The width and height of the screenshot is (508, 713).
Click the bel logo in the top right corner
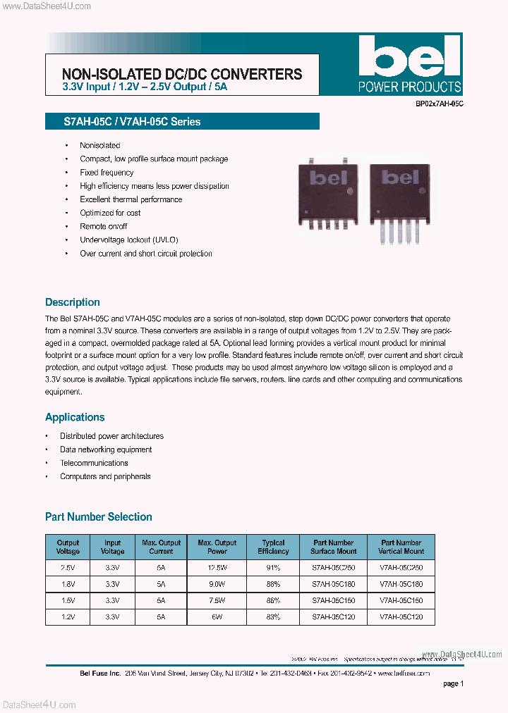(x=409, y=63)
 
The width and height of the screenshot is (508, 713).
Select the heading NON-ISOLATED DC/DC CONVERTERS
(x=182, y=74)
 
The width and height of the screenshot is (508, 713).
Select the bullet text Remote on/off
(x=104, y=226)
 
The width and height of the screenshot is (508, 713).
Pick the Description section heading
(x=73, y=302)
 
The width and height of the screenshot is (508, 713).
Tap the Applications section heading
(x=75, y=417)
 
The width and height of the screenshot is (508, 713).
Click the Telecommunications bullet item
(x=94, y=463)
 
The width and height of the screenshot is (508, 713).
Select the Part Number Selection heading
(x=99, y=517)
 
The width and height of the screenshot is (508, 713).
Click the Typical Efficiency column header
(x=273, y=547)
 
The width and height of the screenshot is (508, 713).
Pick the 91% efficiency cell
(x=273, y=567)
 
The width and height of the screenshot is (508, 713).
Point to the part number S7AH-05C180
(x=334, y=583)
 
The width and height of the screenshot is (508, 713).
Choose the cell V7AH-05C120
(x=402, y=616)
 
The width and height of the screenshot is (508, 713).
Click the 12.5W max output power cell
(x=217, y=567)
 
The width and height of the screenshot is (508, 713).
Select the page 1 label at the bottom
(x=453, y=683)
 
